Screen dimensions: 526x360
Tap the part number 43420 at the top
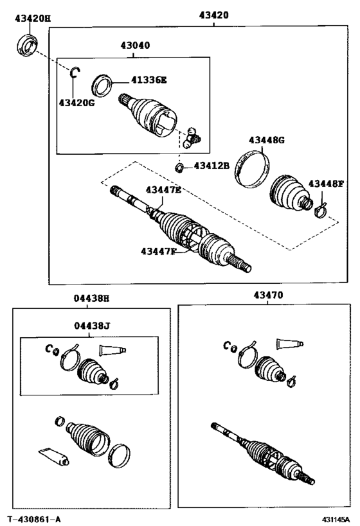coord(213,15)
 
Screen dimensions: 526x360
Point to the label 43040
coord(134,46)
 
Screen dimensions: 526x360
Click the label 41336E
coord(149,80)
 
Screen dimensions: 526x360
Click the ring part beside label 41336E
coord(102,83)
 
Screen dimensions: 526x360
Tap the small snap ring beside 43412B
coord(180,168)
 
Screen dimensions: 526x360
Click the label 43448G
coord(267,140)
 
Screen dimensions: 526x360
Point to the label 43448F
coord(326,184)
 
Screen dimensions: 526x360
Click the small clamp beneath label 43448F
coord(322,209)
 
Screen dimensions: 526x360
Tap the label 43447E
coord(163,189)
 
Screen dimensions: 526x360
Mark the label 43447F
coord(157,251)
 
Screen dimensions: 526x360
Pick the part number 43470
coord(267,295)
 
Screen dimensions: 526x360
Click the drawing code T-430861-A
coord(35,518)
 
